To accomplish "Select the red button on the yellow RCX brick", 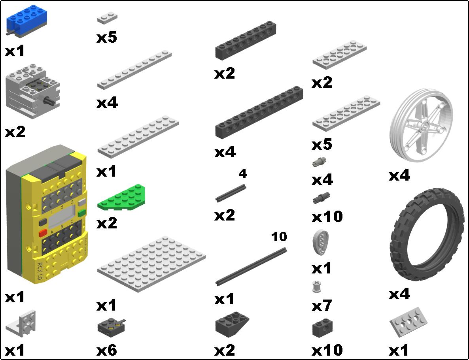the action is [x=43, y=233].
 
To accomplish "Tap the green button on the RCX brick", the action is [x=81, y=213].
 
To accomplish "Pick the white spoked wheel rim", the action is [x=422, y=125].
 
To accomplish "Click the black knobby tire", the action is [x=427, y=234].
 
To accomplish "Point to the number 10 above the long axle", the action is [x=279, y=237].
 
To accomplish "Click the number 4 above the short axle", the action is [x=242, y=173].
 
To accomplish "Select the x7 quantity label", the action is [x=322, y=305].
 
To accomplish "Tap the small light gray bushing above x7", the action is [x=316, y=287].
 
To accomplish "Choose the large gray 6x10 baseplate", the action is [x=151, y=264].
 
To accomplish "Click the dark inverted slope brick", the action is [x=232, y=324].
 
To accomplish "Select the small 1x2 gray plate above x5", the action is [x=107, y=18].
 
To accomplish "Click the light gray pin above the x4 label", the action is [x=319, y=162].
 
